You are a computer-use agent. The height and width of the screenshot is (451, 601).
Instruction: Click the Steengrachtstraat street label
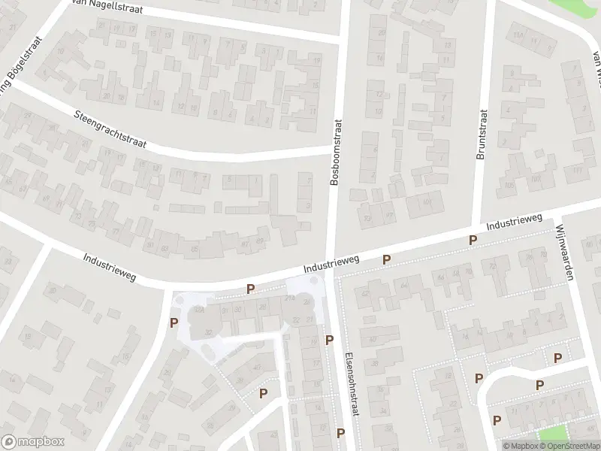coord(110,129)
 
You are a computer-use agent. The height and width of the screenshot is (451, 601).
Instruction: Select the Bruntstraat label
coord(482,135)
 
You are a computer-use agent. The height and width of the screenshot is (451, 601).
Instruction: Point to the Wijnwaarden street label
coord(565,250)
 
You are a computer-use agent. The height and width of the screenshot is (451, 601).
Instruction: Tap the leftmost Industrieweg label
coord(110,266)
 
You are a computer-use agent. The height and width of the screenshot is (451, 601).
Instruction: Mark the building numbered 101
coord(427,201)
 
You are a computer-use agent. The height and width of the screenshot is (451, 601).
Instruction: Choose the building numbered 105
coord(510,184)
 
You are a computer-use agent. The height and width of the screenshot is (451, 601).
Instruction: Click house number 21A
coord(289,299)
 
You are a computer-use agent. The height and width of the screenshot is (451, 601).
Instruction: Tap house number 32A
coord(200,310)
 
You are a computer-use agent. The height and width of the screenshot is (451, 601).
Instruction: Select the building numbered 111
coord(577,172)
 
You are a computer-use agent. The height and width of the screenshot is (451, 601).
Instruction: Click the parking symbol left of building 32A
coord(174,324)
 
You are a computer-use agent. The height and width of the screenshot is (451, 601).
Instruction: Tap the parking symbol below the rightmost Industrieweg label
coord(473,241)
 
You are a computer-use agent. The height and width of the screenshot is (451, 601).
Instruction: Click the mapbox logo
coord(32,443)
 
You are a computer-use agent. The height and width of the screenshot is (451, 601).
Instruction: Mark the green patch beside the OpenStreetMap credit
coord(554,434)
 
